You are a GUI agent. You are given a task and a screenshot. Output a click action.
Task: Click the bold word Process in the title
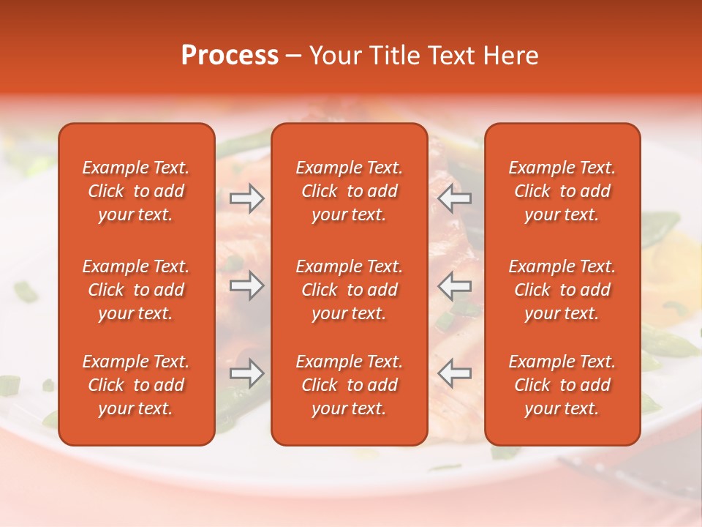point(230,56)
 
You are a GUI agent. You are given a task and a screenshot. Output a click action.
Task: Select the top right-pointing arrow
point(246,198)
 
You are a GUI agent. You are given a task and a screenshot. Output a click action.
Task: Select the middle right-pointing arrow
point(246,285)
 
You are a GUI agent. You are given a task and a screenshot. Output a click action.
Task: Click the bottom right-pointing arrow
point(246,373)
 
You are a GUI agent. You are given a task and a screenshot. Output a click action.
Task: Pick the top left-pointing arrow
point(454,198)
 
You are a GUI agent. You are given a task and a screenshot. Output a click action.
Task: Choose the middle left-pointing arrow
point(454,285)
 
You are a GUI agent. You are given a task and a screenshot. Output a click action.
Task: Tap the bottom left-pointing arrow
point(454,373)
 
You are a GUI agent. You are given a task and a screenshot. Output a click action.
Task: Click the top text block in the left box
point(136,191)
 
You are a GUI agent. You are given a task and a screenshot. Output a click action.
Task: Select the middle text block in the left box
point(136,290)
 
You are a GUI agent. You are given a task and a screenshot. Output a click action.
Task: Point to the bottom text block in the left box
point(136,385)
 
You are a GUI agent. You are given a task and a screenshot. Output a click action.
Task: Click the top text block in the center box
point(349,191)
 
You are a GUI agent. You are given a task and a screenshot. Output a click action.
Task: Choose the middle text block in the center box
point(349,290)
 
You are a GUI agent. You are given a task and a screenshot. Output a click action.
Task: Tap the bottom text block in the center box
point(349,385)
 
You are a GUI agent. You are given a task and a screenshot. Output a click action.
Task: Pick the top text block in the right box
point(562,191)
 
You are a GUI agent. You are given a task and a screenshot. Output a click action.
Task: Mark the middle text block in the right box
point(562,290)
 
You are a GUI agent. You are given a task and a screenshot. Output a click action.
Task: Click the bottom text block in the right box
point(562,385)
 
